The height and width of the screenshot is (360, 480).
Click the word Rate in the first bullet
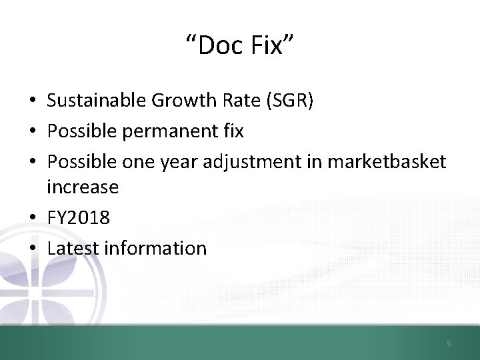point(242,101)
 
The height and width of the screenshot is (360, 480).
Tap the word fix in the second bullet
point(233,131)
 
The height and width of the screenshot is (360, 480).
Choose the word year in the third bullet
point(178,162)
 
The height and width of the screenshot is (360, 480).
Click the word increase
point(83,187)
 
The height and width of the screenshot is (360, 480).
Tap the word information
point(154,249)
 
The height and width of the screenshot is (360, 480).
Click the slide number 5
point(449,343)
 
